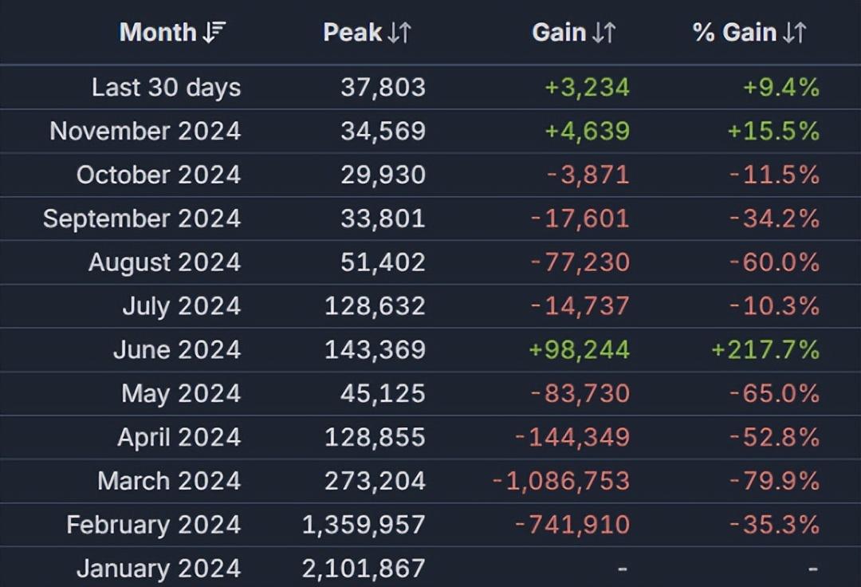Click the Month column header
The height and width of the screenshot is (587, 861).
pos(158,32)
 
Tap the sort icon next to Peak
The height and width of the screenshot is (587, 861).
pos(399,33)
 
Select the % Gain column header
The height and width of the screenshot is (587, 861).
pos(734,32)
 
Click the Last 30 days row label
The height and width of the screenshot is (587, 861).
pos(166,87)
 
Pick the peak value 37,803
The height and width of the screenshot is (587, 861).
pos(383,87)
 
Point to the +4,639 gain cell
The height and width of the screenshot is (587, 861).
pos(587,131)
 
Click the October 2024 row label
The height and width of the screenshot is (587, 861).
pos(158,175)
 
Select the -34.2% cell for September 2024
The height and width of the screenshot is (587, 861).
pos(774,219)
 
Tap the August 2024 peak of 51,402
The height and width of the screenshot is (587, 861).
pos(383,262)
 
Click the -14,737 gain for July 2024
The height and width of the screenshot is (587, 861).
pos(579,306)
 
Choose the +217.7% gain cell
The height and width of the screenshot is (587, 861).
pos(765,349)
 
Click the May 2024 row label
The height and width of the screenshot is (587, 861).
pos(180,393)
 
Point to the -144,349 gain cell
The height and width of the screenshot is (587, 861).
pos(572,437)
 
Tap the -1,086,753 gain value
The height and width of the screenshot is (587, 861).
pos(560,481)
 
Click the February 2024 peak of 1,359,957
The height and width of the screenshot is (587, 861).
pos(364,525)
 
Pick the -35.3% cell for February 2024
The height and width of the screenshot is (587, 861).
pos(774,525)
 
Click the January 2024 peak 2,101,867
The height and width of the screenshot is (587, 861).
pos(364,569)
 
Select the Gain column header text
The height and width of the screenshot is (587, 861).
pos(560,32)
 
